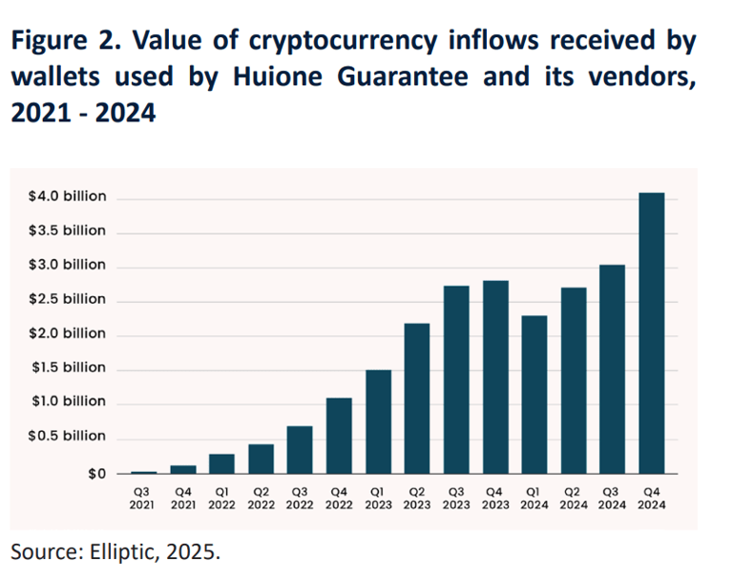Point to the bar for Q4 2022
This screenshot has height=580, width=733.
click(x=339, y=436)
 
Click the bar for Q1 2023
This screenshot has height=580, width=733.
click(x=378, y=421)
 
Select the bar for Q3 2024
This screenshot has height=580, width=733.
click(x=613, y=369)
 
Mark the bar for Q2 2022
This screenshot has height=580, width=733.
click(x=261, y=459)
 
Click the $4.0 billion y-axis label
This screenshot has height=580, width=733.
click(x=68, y=197)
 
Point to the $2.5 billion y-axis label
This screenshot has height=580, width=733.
click(x=68, y=299)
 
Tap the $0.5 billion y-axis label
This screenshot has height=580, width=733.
click(x=68, y=437)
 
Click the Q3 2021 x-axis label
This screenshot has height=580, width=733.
click(x=144, y=497)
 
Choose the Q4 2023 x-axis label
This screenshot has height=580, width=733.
click(x=495, y=497)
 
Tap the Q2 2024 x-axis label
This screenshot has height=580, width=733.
click(x=574, y=497)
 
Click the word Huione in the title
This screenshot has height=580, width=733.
click(x=266, y=77)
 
